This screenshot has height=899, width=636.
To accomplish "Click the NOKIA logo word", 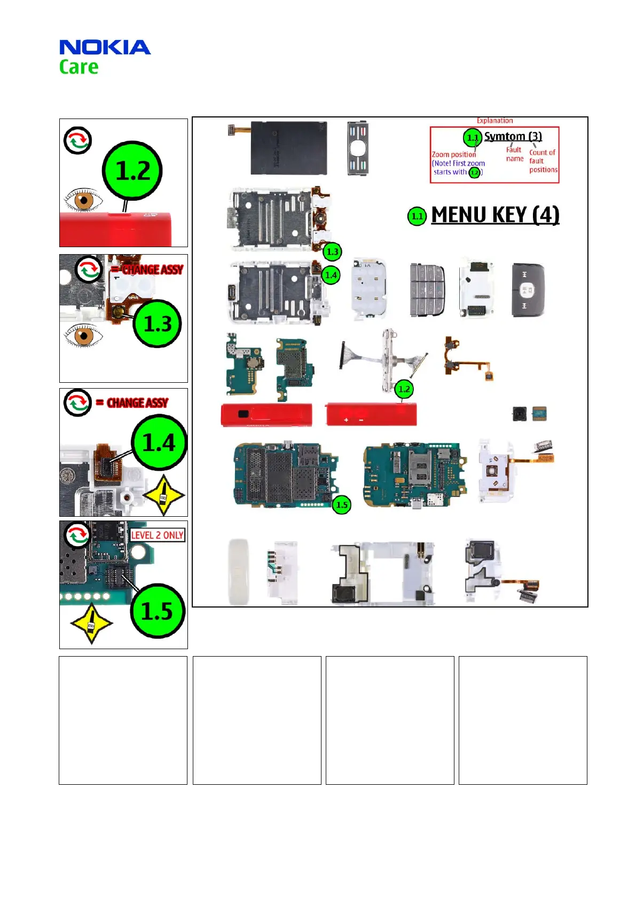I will [x=105, y=48].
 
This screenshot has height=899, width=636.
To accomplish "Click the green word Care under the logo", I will [x=78, y=67].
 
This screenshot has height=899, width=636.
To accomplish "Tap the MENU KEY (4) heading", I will [x=495, y=215].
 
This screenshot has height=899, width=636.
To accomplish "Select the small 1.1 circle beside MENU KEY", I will [x=417, y=216].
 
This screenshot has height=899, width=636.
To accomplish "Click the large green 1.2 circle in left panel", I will [x=132, y=171].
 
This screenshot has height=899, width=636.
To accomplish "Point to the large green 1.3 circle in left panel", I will [x=158, y=324].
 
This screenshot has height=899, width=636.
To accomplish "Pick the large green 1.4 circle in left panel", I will [x=159, y=443].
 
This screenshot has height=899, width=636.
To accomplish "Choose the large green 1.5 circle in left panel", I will [x=157, y=611].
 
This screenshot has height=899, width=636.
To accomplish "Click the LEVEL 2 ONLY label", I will [x=157, y=535].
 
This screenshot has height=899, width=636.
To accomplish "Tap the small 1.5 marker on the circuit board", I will [x=342, y=504].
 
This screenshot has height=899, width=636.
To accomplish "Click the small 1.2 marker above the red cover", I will [x=404, y=389].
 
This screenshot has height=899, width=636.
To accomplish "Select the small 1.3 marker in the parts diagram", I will [x=332, y=251].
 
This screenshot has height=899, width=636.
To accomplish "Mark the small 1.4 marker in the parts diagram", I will [x=331, y=275].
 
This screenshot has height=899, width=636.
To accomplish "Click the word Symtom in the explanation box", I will [x=505, y=137].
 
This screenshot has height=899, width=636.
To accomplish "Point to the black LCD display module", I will [x=289, y=148].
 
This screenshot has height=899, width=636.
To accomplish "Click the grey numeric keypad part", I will [x=427, y=290].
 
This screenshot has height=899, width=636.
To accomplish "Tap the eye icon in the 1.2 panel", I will [x=83, y=201].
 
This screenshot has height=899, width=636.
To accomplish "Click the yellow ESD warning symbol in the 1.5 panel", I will [x=91, y=624].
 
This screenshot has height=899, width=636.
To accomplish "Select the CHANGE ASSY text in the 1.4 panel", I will [x=137, y=403].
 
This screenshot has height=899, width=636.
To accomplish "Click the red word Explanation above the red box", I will [x=494, y=121].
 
